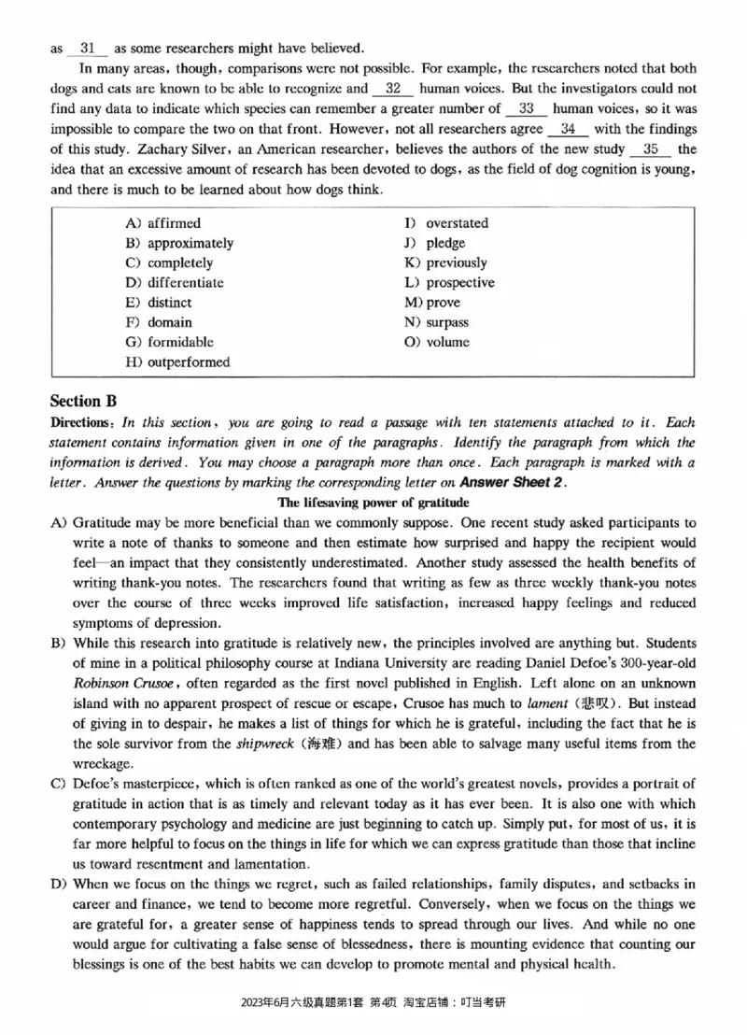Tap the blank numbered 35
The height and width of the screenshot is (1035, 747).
(651, 149)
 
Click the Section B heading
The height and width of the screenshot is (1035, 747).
(83, 401)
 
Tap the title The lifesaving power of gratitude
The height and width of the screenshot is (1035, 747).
(373, 503)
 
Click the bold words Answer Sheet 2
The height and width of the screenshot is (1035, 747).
(513, 483)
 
